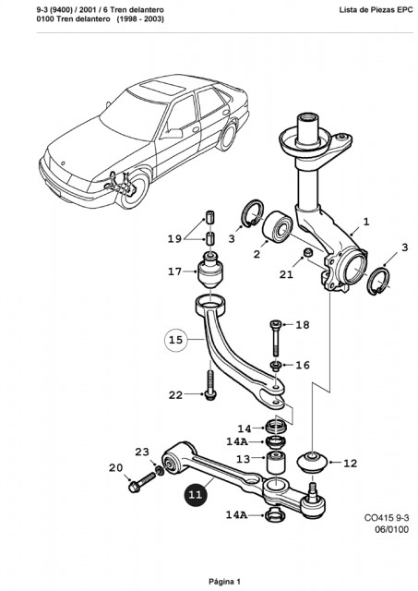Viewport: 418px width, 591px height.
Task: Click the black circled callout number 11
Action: point(196,494)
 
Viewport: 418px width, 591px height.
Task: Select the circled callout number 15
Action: point(176,340)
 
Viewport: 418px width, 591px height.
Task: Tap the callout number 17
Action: point(174,271)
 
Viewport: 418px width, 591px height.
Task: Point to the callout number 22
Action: point(175,395)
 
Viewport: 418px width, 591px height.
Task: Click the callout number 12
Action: point(351,463)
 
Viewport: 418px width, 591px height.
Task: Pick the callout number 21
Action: point(286,274)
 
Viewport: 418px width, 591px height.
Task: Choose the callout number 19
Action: point(174,238)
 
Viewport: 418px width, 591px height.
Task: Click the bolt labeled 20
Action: point(141,482)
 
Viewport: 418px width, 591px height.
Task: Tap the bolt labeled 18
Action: point(276,338)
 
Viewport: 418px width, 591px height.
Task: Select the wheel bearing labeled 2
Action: point(278,226)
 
